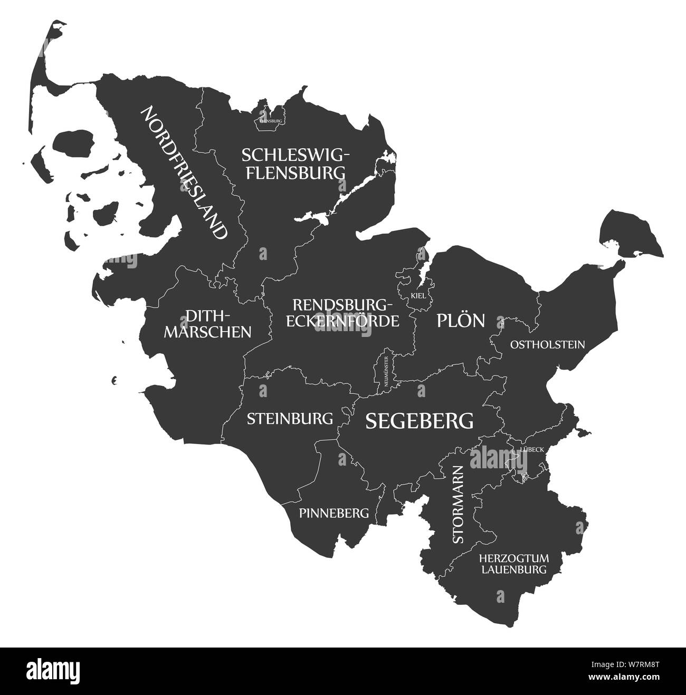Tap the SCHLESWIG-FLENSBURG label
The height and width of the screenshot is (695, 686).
tap(295, 163)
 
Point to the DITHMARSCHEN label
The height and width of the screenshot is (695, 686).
tap(216, 324)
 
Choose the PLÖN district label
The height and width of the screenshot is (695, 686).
tap(460, 320)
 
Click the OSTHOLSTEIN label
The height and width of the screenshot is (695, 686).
tap(547, 344)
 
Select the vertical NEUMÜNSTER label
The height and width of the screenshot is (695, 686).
tap(387, 372)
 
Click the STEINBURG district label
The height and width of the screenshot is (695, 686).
tap(290, 419)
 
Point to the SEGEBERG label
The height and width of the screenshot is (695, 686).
tap(420, 420)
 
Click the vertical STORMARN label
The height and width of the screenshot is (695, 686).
tap(458, 504)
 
